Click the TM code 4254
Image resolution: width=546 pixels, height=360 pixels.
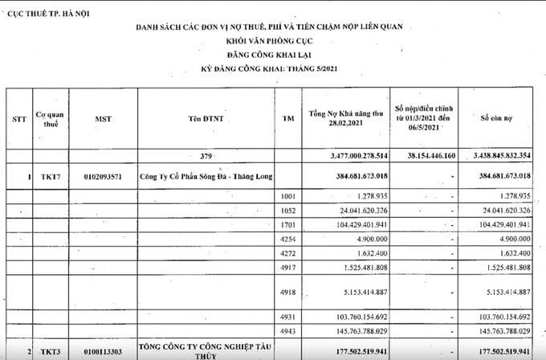tap(290, 239)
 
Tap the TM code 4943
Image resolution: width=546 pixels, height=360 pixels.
tap(290, 329)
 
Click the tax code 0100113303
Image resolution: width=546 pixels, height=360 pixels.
tap(104, 350)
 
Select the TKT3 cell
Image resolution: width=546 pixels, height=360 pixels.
tap(46, 350)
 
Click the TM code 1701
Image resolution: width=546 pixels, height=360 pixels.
tap(290, 224)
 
